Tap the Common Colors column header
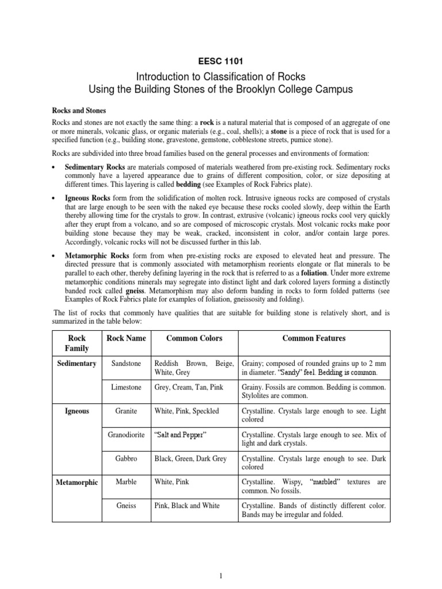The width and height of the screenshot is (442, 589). click(x=194, y=338)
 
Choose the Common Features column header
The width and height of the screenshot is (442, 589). click(x=314, y=338)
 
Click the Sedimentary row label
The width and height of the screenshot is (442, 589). click(x=77, y=364)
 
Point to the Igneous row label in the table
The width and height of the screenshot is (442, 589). click(x=77, y=411)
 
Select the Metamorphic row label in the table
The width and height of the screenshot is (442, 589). click(x=77, y=481)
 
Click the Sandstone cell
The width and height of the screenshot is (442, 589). click(x=126, y=364)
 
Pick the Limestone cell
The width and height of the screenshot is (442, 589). click(x=126, y=388)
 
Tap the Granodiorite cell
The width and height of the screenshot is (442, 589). click(x=126, y=434)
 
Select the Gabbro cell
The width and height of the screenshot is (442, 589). click(x=126, y=458)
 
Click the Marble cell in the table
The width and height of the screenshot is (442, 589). click(x=126, y=481)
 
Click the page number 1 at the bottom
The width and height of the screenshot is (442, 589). click(x=221, y=575)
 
